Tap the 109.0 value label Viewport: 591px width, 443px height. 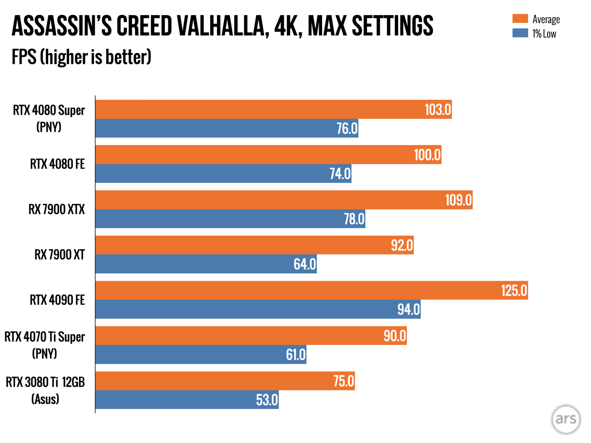coord(458,200)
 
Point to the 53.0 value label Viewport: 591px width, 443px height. coord(267,400)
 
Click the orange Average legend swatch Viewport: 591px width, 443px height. coord(520,18)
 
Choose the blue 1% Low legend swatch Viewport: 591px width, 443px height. coord(520,33)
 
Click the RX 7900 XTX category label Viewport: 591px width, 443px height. coord(57,210)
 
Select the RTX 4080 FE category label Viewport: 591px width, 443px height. coord(57,164)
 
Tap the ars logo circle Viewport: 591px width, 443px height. coord(566,419)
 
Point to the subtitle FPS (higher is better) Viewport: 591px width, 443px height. coord(82,57)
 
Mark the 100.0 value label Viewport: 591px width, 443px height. coord(427,155)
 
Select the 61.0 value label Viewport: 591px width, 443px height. coord(295,355)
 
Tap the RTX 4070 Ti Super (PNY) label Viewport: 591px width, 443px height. coord(45,345)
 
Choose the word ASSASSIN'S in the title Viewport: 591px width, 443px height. coord(62,26)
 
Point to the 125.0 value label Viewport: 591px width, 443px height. coord(514,291)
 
